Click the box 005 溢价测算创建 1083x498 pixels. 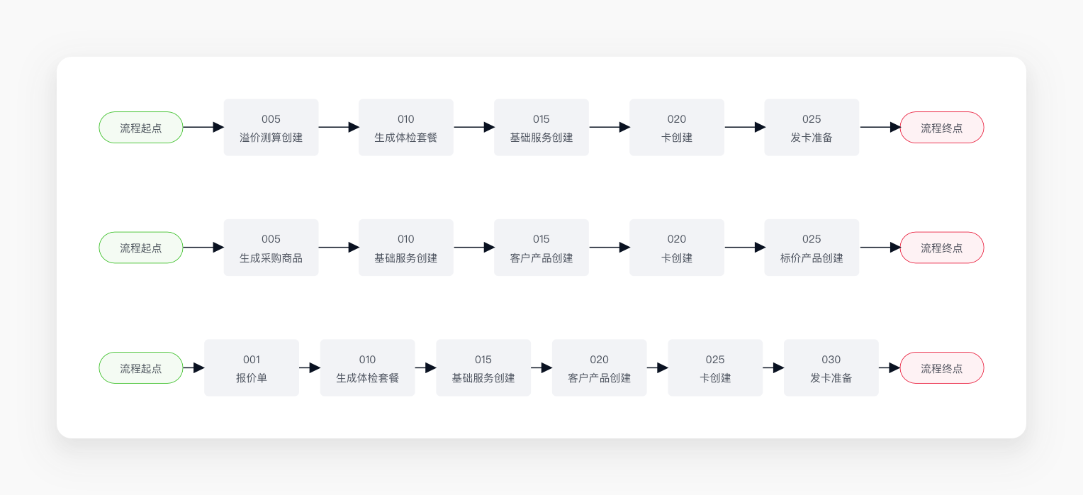pos(271,127)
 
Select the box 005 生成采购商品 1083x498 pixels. pos(271,248)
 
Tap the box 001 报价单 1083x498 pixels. pos(252,367)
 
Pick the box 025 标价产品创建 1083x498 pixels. pos(812,248)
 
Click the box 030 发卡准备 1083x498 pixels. pos(831,367)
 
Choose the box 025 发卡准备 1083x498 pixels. pos(812,127)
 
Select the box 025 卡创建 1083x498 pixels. pos(715,367)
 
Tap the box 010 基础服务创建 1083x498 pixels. pos(406,248)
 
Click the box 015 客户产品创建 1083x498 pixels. pos(541,248)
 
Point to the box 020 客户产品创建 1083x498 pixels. pos(600,367)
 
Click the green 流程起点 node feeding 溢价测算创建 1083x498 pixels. pos(141,127)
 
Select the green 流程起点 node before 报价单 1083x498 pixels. pos(141,367)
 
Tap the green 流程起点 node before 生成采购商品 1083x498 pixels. pos(141,248)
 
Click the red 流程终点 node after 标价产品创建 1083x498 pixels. pos(942,248)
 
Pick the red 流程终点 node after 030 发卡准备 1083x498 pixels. pos(942,367)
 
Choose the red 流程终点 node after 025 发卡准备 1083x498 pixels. pos(942,127)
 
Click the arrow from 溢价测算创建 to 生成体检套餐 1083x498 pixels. pos(339,127)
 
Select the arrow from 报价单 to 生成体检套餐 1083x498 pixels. pos(310,367)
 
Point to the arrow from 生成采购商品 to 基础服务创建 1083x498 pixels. pos(339,248)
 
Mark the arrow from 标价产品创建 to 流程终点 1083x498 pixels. pos(880,248)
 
